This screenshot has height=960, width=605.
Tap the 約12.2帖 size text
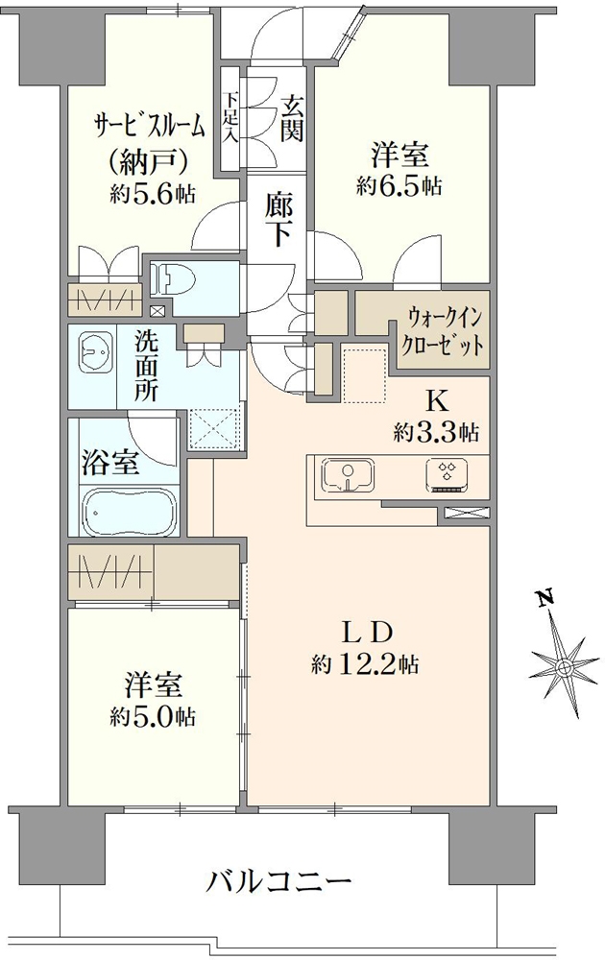(x=364, y=663)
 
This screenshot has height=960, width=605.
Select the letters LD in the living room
(x=366, y=633)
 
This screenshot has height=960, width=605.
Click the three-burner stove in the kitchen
(x=447, y=473)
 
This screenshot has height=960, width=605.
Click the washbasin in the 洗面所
(x=94, y=353)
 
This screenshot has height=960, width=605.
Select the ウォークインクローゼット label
(x=444, y=329)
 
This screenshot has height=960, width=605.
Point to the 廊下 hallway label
(x=278, y=220)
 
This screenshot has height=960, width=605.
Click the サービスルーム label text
(x=149, y=125)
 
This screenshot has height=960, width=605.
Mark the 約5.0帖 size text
(x=153, y=716)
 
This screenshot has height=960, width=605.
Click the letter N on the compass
(x=544, y=600)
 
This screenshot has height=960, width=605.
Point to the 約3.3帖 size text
(x=437, y=432)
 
